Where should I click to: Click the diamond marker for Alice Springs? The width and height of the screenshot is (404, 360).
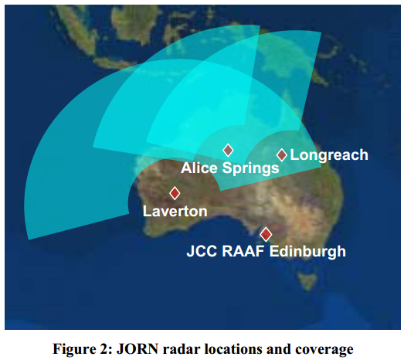[x=228, y=150]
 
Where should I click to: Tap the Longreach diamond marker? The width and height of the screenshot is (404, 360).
[x=282, y=155]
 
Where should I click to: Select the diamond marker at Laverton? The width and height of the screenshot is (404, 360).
[x=175, y=193]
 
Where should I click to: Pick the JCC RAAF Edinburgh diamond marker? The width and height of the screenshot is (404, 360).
[x=267, y=234]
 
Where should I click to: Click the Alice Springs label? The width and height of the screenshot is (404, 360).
[x=229, y=168]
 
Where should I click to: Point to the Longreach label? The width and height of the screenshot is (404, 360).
[x=329, y=155]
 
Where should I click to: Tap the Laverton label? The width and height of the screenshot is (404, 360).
[x=175, y=211]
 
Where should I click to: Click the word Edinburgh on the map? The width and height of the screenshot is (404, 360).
[x=307, y=251]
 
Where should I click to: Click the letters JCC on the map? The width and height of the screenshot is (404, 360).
[x=204, y=251]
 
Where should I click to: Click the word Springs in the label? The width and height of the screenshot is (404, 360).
[x=253, y=168]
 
